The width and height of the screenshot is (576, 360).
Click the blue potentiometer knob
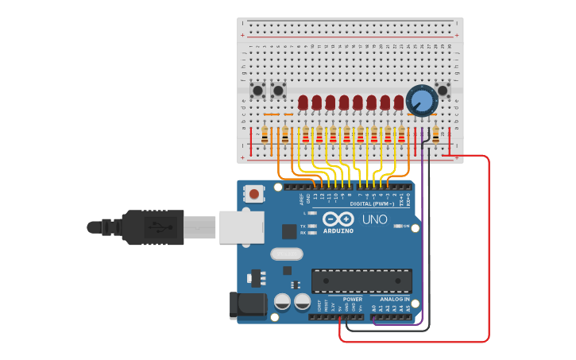(x=421, y=101)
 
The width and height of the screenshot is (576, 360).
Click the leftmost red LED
(x=303, y=102)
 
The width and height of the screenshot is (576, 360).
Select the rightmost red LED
(x=399, y=102)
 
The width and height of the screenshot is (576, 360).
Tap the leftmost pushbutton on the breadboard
(x=257, y=90)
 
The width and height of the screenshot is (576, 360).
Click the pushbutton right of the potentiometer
(x=443, y=90)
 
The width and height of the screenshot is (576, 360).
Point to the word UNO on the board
(x=375, y=219)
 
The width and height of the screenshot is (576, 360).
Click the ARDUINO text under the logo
(x=338, y=231)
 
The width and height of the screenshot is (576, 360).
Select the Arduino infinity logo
(x=338, y=219)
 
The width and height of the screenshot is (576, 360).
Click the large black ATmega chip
(x=361, y=281)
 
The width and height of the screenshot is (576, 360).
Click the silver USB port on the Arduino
(x=240, y=226)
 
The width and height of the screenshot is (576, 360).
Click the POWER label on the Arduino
(x=353, y=300)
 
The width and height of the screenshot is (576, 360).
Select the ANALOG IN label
(x=395, y=300)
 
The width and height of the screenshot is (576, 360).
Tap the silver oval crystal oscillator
(x=286, y=254)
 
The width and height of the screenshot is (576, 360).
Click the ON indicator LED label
(x=406, y=226)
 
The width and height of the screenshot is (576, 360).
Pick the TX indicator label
(x=303, y=226)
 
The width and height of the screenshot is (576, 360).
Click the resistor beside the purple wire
(x=435, y=136)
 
